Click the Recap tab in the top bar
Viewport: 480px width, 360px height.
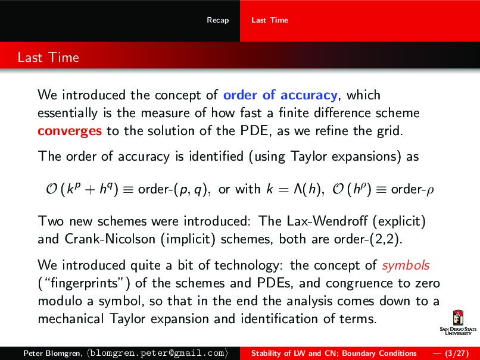[x=217, y=20]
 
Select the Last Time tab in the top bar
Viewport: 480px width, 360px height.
[x=269, y=20]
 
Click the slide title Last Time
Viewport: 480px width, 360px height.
[x=48, y=58]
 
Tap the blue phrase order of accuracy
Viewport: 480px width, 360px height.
[x=280, y=95]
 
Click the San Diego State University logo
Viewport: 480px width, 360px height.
[x=457, y=323]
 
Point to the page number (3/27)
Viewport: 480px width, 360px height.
[x=454, y=353]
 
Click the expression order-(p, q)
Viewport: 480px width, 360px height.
[x=173, y=189]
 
